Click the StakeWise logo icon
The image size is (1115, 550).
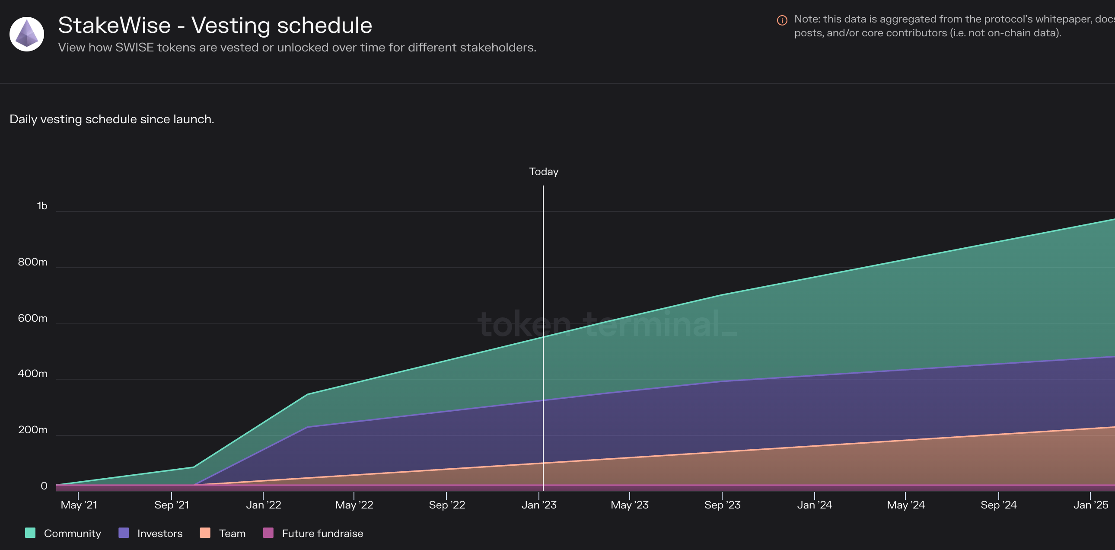pyautogui.click(x=27, y=34)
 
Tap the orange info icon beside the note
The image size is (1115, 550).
pyautogui.click(x=782, y=20)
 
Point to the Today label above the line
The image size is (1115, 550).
pyautogui.click(x=544, y=172)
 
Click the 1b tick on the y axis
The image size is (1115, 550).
pyautogui.click(x=42, y=206)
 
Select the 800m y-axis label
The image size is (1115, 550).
pyautogui.click(x=32, y=262)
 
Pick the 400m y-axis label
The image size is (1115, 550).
pyautogui.click(x=32, y=374)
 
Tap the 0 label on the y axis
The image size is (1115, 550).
pyautogui.click(x=44, y=486)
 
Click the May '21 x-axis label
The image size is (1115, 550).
pyautogui.click(x=79, y=505)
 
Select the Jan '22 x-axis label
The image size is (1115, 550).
pyautogui.click(x=264, y=505)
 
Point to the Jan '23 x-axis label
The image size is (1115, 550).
pyautogui.click(x=539, y=505)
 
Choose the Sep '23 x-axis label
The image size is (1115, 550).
pyautogui.click(x=723, y=505)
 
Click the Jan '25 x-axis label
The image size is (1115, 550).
pyautogui.click(x=1091, y=505)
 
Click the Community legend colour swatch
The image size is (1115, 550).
pyautogui.click(x=30, y=533)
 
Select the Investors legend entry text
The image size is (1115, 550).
pyautogui.click(x=160, y=534)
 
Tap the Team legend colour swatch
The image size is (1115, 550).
pyautogui.click(x=205, y=533)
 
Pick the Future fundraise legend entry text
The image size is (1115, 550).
pyautogui.click(x=322, y=534)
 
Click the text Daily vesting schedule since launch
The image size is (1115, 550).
pyautogui.click(x=111, y=119)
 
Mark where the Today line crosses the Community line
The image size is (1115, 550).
pyautogui.click(x=543, y=336)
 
